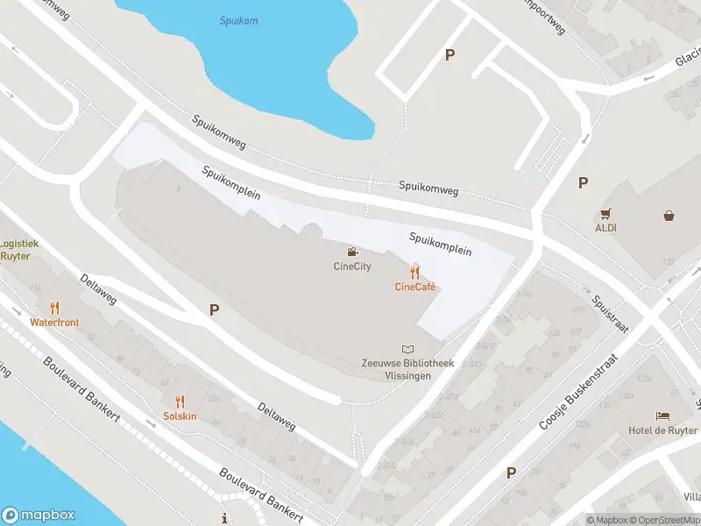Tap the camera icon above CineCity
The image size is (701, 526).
point(352,253)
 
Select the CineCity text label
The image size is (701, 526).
point(352,267)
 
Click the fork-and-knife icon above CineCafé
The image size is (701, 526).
point(415,273)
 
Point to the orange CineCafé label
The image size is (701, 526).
point(415,287)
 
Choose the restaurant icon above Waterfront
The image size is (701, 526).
point(54,308)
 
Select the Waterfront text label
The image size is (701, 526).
point(54,323)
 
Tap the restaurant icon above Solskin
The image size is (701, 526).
point(180,402)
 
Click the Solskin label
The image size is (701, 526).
point(180,416)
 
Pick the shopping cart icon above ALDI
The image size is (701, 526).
point(605,213)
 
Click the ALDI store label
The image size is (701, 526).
point(605,228)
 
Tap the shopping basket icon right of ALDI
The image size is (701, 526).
point(669,214)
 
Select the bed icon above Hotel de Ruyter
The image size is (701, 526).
point(662,416)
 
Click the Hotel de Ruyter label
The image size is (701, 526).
point(662,430)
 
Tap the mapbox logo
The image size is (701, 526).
point(39,515)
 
